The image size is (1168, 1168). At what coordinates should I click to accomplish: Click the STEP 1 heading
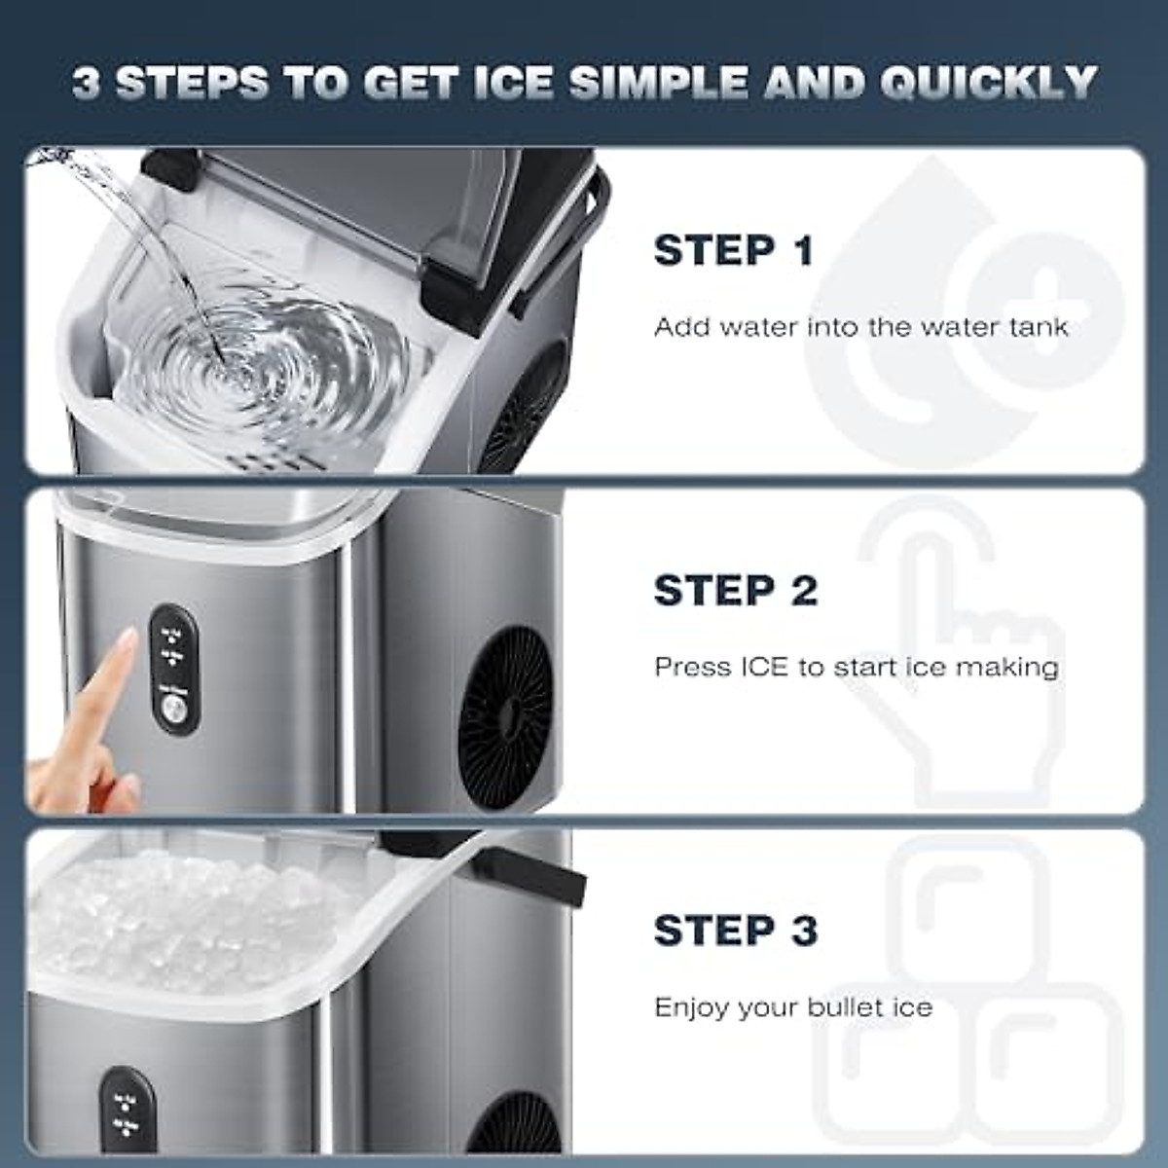click(733, 251)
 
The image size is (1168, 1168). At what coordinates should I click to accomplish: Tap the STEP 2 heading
click(735, 591)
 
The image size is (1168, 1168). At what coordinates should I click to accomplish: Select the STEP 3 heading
click(735, 931)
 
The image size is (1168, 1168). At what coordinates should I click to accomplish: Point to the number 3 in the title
click(86, 84)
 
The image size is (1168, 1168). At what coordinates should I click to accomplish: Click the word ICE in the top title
click(513, 84)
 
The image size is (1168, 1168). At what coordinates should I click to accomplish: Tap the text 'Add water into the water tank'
click(860, 327)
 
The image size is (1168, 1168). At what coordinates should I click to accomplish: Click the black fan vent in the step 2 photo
click(505, 703)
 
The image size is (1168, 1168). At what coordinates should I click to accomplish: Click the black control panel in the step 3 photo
click(127, 1110)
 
